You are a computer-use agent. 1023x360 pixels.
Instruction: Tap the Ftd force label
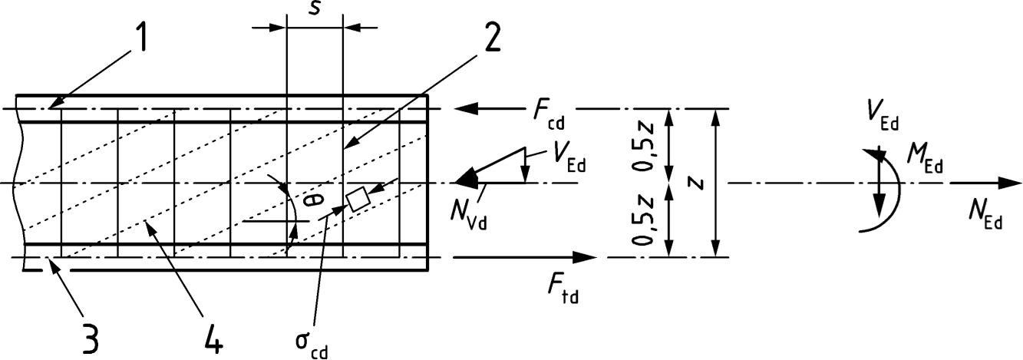559,290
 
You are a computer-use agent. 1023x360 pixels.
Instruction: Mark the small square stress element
358,199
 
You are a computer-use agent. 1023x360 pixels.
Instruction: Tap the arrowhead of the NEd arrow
1011,183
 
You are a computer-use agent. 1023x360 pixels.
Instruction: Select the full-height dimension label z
694,182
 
